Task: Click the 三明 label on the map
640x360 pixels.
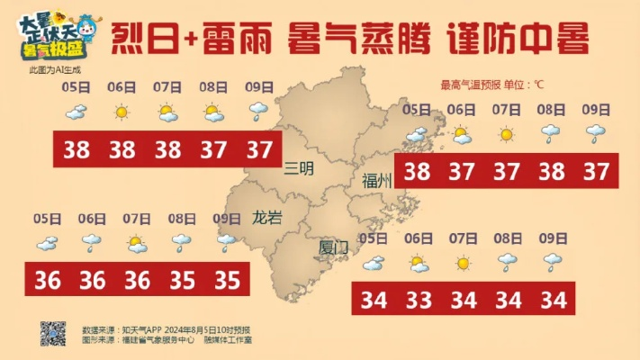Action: point(298,167)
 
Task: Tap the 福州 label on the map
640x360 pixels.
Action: point(376,179)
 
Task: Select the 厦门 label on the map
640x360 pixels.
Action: point(333,247)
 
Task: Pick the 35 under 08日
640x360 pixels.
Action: point(182,280)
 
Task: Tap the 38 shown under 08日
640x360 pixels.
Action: point(550,170)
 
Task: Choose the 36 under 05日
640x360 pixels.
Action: point(47,280)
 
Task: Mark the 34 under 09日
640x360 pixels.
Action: point(553,298)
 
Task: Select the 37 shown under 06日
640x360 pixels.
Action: point(461,170)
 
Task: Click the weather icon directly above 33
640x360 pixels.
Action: point(418,264)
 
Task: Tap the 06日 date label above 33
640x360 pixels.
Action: point(418,238)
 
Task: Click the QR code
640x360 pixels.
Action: point(53,334)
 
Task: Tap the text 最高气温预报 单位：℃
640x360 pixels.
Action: point(491,85)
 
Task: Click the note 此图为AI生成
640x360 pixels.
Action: point(54,68)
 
